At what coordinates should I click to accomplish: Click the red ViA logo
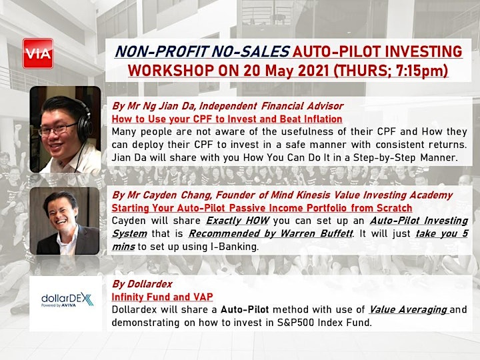(38, 53)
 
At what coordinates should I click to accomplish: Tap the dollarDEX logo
(67, 300)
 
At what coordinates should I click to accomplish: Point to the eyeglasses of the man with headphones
(57, 129)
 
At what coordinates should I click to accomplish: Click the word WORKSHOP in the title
(171, 71)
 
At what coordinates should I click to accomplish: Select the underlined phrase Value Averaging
(409, 309)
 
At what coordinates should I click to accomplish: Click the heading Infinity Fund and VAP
(162, 297)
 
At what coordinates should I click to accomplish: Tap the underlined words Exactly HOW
(237, 221)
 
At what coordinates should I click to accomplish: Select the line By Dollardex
(142, 284)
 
